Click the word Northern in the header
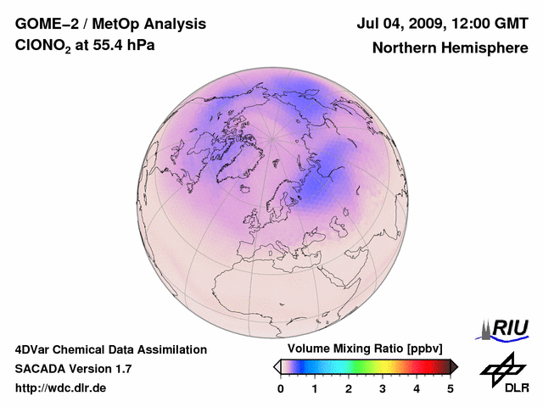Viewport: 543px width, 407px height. (x=405, y=47)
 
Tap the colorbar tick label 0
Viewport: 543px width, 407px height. (x=281, y=388)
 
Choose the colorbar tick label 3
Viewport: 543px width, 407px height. (x=383, y=388)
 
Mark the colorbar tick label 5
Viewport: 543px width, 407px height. (x=451, y=388)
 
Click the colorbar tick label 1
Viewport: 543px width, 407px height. (x=315, y=388)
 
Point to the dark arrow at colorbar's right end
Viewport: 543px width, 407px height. (x=454, y=366)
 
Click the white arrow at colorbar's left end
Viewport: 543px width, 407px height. (x=277, y=366)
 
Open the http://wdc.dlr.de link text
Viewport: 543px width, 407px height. (x=61, y=388)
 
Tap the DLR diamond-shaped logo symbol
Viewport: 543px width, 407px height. (x=501, y=367)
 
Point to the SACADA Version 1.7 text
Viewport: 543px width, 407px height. (x=73, y=369)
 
